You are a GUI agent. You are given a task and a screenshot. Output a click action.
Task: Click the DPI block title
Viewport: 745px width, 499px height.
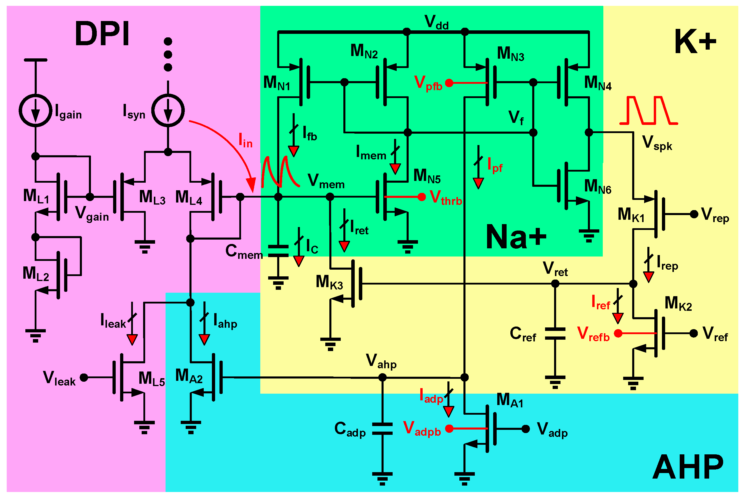(102, 34)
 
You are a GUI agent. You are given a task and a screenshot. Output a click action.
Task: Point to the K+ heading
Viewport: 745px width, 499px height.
(695, 41)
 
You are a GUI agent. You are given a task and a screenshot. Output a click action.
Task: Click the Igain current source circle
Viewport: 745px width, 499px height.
(35, 110)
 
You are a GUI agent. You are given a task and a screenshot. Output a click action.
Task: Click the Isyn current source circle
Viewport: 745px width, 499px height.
(168, 110)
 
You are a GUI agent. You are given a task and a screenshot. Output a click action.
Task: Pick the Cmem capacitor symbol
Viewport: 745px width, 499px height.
(278, 251)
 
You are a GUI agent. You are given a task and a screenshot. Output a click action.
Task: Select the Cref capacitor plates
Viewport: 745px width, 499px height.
(555, 334)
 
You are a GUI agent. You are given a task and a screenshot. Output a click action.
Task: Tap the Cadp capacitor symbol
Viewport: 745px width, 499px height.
(382, 429)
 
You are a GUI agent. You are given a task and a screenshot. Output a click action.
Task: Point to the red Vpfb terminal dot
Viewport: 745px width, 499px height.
(449, 83)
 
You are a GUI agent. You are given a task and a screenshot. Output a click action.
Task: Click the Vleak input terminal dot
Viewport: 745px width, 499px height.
(84, 377)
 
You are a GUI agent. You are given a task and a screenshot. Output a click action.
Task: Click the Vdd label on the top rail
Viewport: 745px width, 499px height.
(436, 23)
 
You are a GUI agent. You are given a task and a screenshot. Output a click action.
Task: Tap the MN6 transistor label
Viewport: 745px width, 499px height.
(598, 187)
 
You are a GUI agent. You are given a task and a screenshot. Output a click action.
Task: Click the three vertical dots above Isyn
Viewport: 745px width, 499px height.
(168, 54)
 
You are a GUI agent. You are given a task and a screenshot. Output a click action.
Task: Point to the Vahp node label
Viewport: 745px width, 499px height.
(381, 361)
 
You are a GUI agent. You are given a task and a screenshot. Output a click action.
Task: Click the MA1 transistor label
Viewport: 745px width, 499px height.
(509, 400)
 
